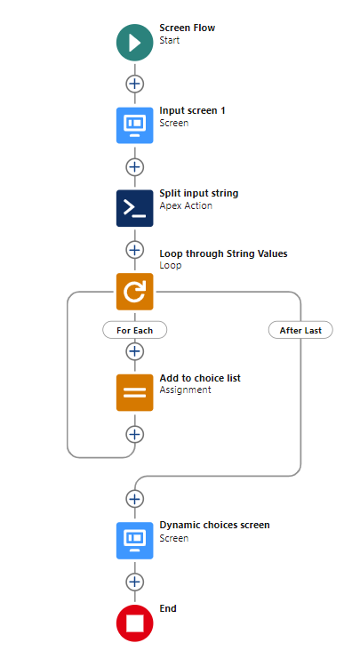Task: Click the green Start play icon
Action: coord(135,43)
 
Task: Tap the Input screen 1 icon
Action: coord(135,125)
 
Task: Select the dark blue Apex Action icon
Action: coord(135,208)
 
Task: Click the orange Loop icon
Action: coord(135,292)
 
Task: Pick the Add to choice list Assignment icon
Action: coord(135,392)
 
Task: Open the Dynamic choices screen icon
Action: coord(135,541)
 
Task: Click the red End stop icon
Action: coord(135,623)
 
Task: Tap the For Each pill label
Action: coord(135,330)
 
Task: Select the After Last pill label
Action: coord(300,330)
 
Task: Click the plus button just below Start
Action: coord(135,84)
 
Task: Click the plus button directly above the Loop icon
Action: coord(135,250)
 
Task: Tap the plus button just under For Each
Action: coord(135,351)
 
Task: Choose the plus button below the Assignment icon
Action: coord(135,434)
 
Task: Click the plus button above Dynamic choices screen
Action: coord(135,499)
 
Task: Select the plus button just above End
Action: coord(135,582)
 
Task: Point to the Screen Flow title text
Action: coord(187,28)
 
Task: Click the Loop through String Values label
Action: coord(223,253)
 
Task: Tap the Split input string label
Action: coord(198,193)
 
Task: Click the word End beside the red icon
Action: coord(168,608)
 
